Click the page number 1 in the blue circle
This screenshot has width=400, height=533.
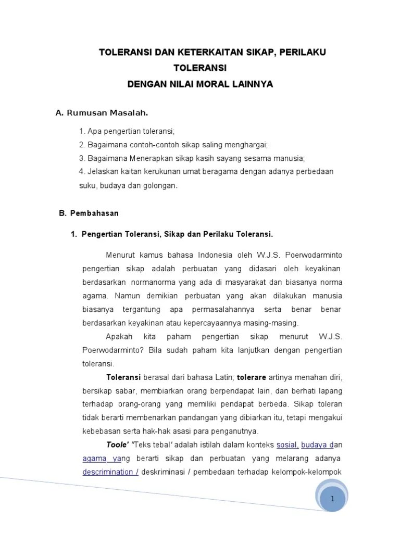pyautogui.click(x=332, y=499)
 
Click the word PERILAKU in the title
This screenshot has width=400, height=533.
pyautogui.click(x=306, y=53)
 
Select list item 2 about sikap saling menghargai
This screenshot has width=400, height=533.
pyautogui.click(x=173, y=145)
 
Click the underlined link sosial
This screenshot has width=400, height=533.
pyautogui.click(x=287, y=445)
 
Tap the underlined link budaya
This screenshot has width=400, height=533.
pyautogui.click(x=317, y=445)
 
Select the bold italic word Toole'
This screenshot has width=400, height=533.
pyautogui.click(x=117, y=445)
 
